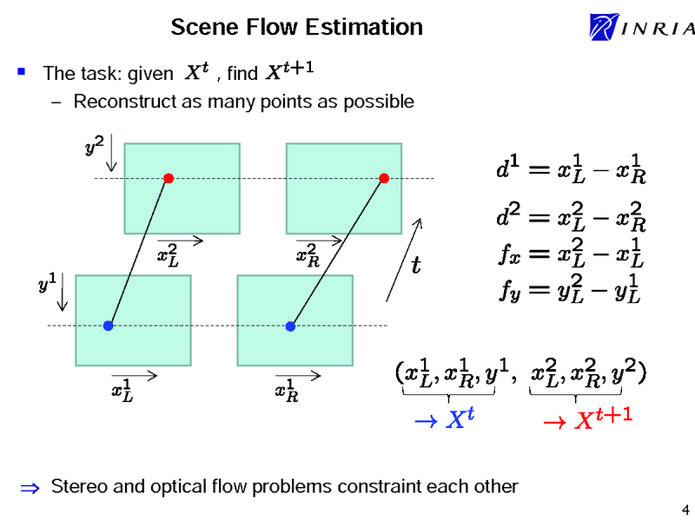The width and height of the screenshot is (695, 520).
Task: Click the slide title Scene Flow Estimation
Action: [296, 27]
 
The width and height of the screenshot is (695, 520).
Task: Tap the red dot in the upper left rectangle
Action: [169, 179]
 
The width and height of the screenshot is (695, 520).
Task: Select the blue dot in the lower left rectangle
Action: [108, 326]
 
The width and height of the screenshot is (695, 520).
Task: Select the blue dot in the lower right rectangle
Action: [291, 326]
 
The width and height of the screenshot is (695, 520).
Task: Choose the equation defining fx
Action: [571, 254]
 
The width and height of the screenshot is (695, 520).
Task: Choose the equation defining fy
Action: [571, 290]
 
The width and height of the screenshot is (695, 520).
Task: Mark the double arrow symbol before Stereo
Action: [27, 487]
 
